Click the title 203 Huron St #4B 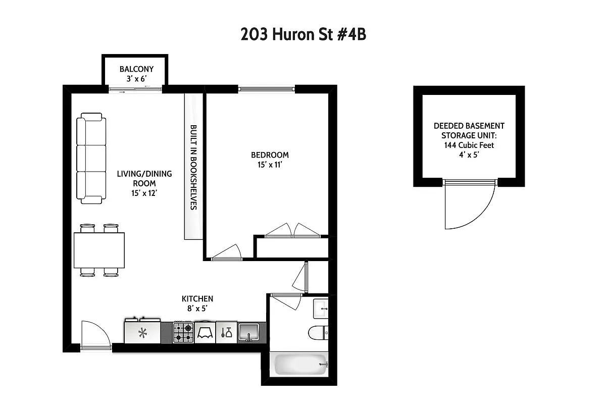(302, 35)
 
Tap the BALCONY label (136, 69)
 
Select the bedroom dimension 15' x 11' (270, 164)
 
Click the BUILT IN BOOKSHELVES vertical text (193, 167)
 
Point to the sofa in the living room (91, 158)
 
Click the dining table (99, 250)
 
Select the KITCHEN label (197, 299)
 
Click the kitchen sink (248, 332)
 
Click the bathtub (299, 364)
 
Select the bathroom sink (321, 309)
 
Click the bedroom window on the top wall (266, 89)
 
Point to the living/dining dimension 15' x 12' (144, 193)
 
